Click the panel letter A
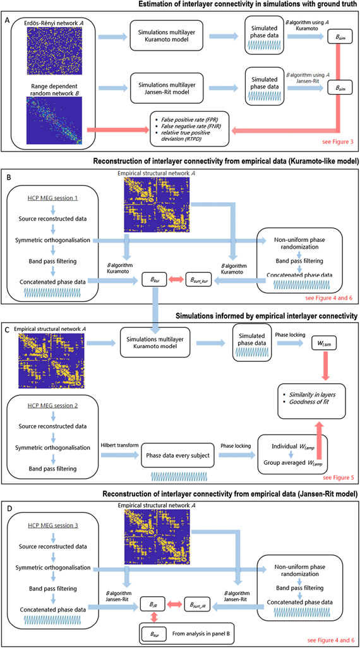click(x=7, y=20)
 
